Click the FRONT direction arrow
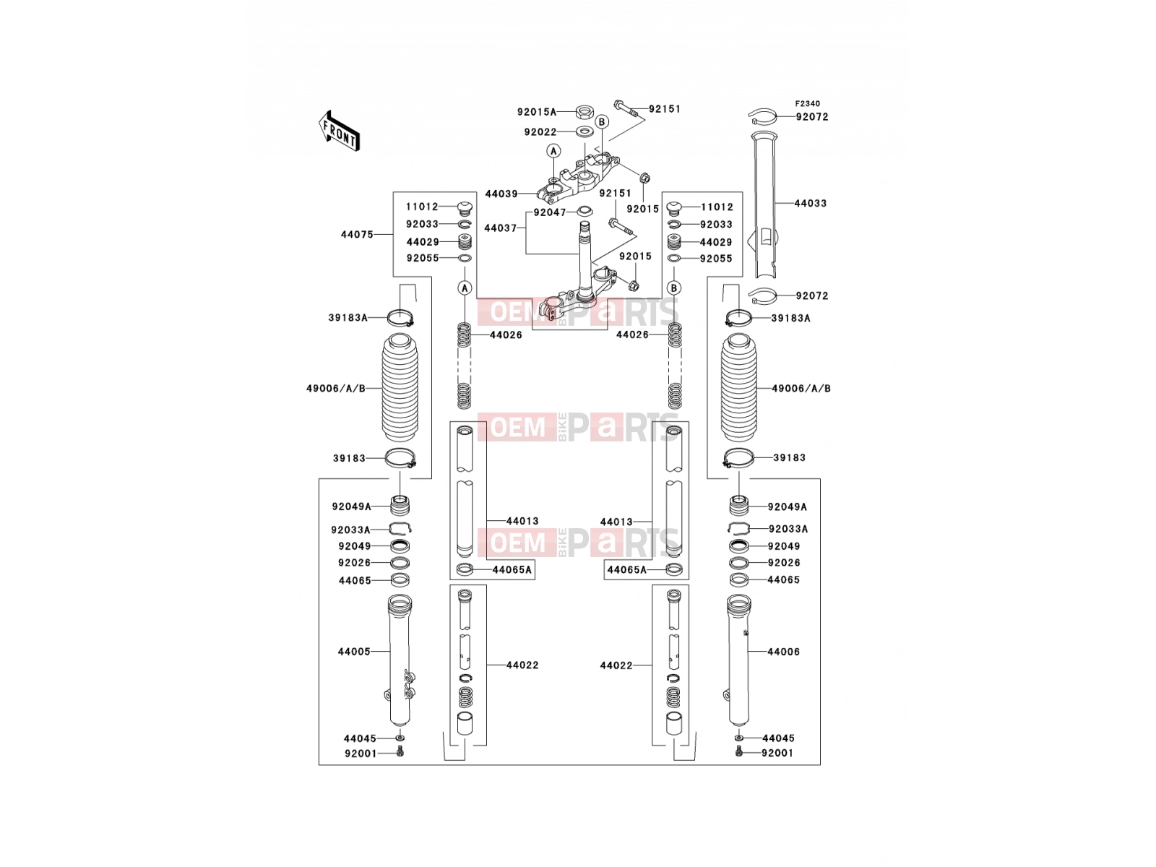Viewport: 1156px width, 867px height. (x=339, y=131)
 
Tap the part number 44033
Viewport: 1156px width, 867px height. (x=810, y=203)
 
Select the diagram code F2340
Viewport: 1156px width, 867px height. (x=807, y=104)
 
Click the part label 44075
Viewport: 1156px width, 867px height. (x=356, y=234)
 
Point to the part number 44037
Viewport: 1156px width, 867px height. (x=500, y=228)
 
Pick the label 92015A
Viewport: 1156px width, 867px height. (x=537, y=111)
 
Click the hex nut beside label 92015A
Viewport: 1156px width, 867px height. (x=583, y=111)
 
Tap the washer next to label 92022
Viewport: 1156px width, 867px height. (x=583, y=131)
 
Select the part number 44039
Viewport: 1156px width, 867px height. (x=501, y=194)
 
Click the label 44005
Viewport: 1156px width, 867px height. (x=354, y=652)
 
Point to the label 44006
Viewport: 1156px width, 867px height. (x=783, y=652)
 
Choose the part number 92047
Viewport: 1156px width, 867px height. (x=549, y=212)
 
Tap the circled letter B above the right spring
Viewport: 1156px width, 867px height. (x=673, y=288)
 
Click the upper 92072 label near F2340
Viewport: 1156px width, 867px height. (x=811, y=117)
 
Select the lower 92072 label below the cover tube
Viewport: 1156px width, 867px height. (x=811, y=296)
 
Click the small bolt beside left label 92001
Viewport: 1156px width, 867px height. (x=400, y=753)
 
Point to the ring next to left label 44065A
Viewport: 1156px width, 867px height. (x=464, y=569)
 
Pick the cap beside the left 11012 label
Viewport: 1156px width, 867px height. (x=463, y=207)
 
